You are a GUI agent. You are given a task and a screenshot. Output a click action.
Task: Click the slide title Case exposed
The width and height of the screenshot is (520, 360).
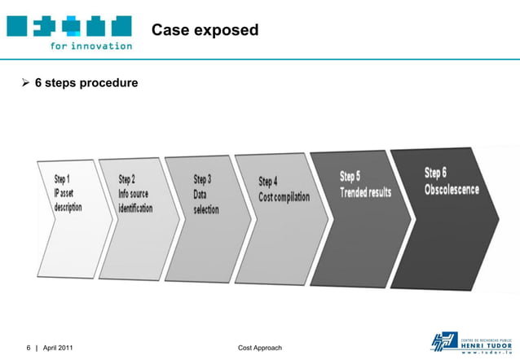[205, 30]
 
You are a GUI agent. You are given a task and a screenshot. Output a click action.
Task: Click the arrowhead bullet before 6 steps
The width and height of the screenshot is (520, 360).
[24, 83]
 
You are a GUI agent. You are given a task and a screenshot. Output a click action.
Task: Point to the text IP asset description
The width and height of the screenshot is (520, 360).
[67, 200]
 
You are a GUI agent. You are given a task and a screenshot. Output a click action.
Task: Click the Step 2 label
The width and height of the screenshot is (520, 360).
[126, 179]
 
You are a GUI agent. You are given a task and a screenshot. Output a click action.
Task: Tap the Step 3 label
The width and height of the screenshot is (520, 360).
[202, 179]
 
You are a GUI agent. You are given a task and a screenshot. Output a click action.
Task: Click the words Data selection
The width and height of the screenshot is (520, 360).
[205, 203]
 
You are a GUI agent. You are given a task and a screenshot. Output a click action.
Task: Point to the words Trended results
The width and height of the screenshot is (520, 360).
[365, 192]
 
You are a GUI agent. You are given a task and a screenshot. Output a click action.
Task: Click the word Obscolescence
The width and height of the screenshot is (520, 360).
[452, 190]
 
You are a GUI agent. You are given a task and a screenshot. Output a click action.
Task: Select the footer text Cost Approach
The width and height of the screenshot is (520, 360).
[259, 348]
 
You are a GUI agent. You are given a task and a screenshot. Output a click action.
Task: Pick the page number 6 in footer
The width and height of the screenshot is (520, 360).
[28, 348]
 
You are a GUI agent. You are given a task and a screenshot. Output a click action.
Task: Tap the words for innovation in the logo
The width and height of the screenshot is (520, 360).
[90, 46]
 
